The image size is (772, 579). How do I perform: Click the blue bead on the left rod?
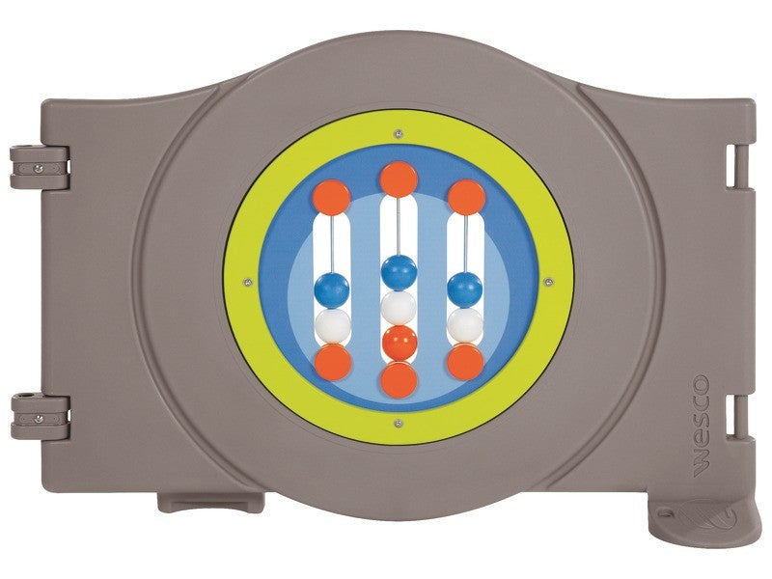(332, 290)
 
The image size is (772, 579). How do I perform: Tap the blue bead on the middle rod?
(400, 272)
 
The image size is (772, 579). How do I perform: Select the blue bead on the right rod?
(465, 289)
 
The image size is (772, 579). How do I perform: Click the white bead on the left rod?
(333, 325)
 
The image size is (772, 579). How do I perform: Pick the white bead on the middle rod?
(399, 307)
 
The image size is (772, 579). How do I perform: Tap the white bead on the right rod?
(465, 324)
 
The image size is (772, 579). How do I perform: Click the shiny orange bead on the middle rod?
(400, 343)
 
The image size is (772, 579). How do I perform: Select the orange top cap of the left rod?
(332, 198)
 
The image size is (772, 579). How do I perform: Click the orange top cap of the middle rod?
(399, 179)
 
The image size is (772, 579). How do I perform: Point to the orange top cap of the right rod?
(467, 198)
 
